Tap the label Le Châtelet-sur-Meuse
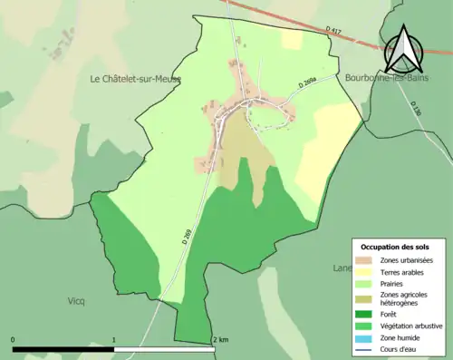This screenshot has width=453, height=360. click(135, 79)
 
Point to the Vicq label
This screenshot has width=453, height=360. click(76, 300)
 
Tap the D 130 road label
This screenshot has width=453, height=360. click(415, 108)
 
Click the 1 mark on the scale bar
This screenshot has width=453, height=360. click(113, 340)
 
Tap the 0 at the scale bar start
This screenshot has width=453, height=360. click(14, 340)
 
